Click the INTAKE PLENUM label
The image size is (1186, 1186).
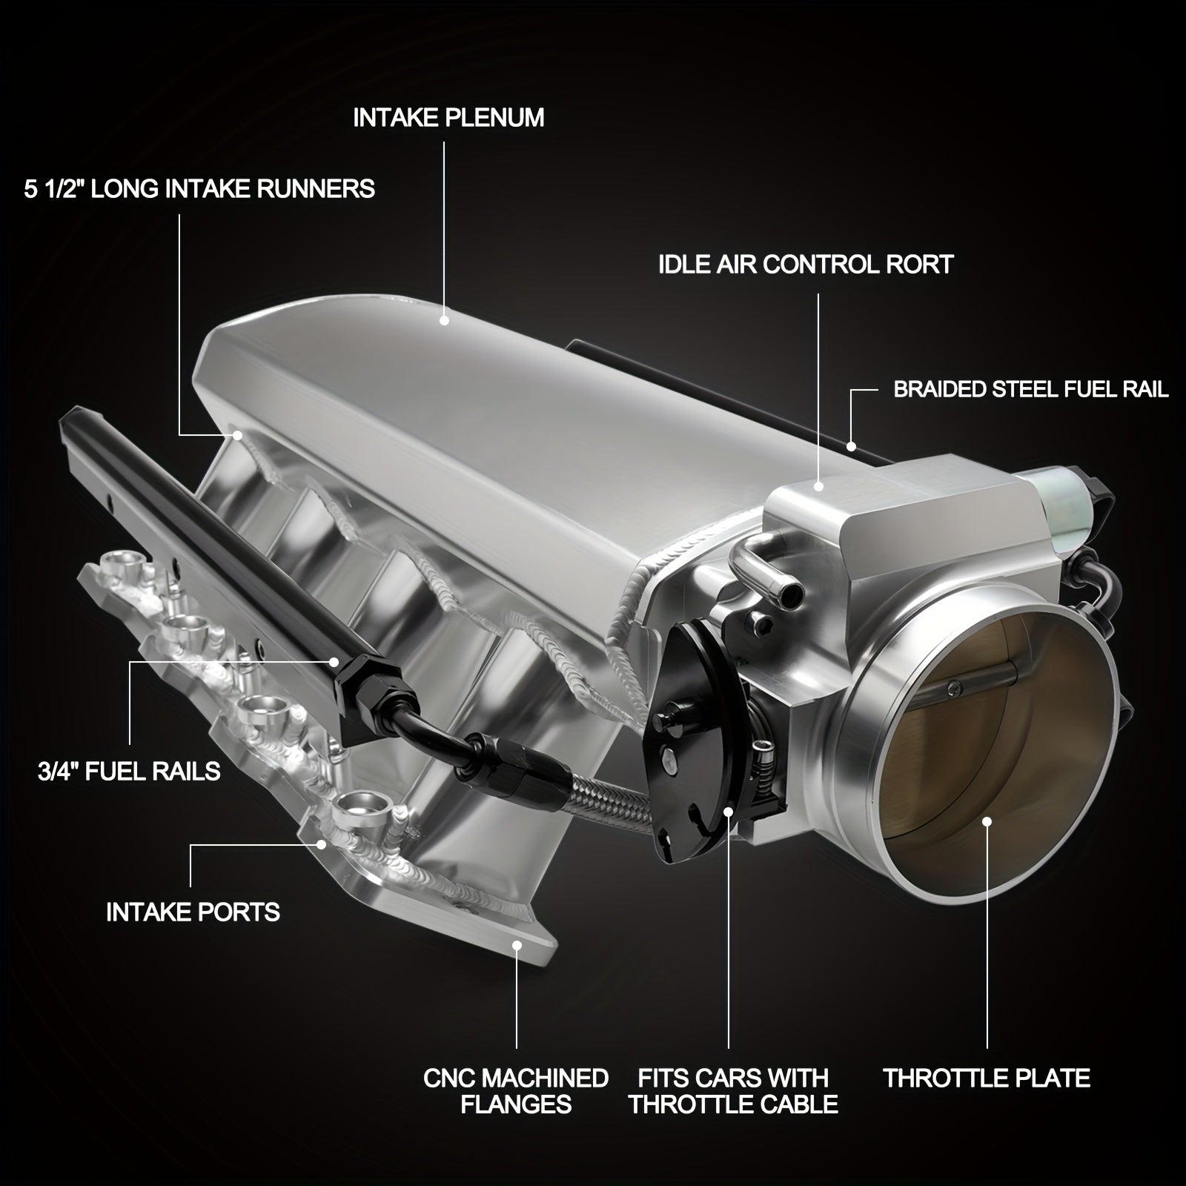pyautogui.click(x=448, y=118)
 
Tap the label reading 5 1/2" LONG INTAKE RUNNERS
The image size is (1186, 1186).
pyautogui.click(x=199, y=189)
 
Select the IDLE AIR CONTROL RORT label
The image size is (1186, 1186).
pyautogui.click(x=806, y=265)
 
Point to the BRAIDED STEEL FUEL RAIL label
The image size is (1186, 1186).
pyautogui.click(x=1031, y=389)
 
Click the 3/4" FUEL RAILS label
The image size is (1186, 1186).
pyautogui.click(x=129, y=771)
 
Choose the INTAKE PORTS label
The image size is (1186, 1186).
pyautogui.click(x=193, y=912)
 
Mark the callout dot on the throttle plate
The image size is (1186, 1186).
pyautogui.click(x=987, y=821)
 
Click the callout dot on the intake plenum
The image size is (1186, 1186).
pyautogui.click(x=444, y=320)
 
